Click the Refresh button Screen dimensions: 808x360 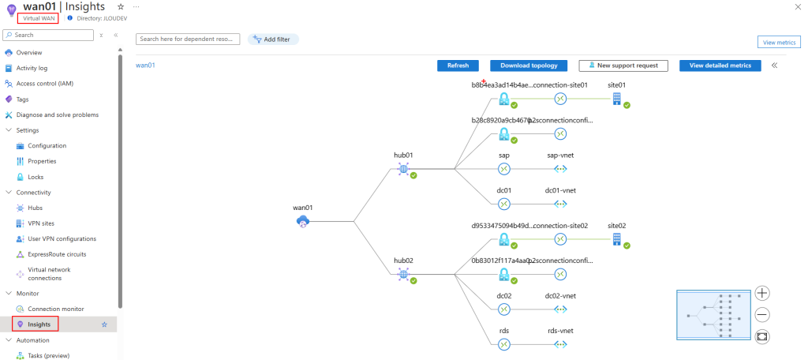(x=458, y=66)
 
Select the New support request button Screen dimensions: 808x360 (x=623, y=66)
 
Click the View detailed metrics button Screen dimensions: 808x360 (x=720, y=66)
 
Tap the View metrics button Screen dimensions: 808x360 (x=779, y=43)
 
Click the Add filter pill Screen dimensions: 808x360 (x=273, y=39)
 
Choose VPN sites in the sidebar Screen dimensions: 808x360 (x=41, y=223)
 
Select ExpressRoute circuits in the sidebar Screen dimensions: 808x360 (x=57, y=254)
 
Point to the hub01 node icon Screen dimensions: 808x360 (x=403, y=169)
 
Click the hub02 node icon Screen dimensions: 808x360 (x=403, y=275)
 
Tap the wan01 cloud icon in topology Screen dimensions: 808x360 (x=303, y=221)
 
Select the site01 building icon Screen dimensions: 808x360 (x=617, y=99)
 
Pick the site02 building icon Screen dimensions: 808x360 (x=617, y=239)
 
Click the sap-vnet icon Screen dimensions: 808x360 (x=560, y=169)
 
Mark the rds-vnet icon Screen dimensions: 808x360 (x=560, y=344)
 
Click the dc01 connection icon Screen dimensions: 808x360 (x=504, y=204)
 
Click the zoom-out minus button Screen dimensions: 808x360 (x=762, y=315)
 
